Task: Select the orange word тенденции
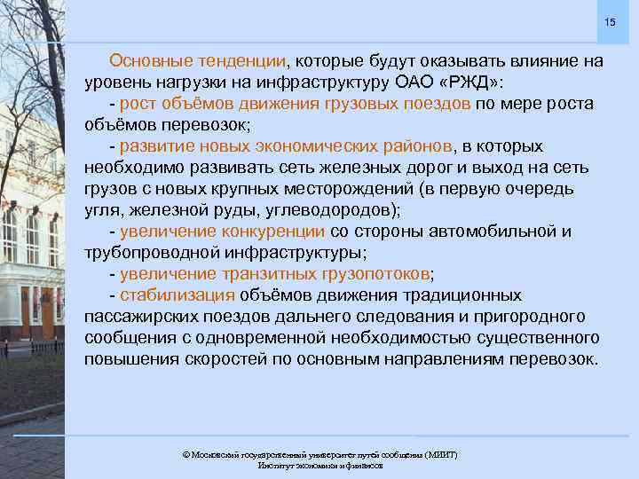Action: click(238, 61)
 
